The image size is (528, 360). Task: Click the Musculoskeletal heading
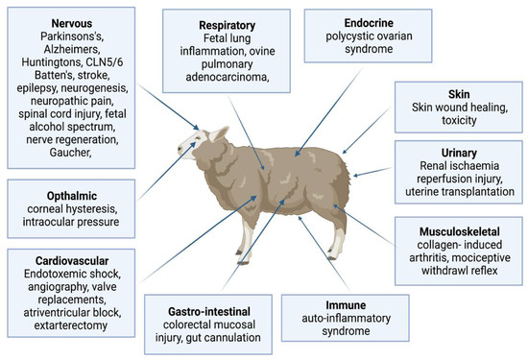(450, 232)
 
